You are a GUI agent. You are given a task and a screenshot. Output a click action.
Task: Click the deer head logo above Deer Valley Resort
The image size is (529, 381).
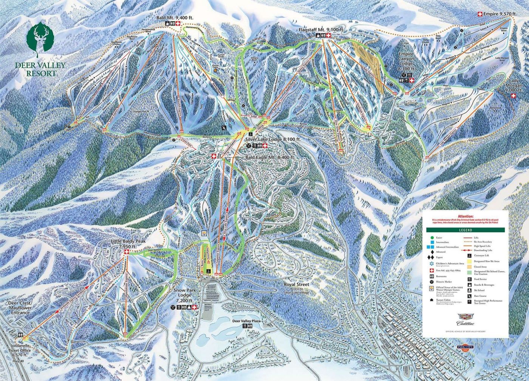click(x=40, y=39)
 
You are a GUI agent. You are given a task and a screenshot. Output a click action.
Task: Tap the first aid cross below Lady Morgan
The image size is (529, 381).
click(x=514, y=96)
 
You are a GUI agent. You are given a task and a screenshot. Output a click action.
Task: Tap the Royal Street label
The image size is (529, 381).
click(x=297, y=284)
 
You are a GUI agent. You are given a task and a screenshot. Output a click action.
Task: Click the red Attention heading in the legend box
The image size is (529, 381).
click(x=465, y=216)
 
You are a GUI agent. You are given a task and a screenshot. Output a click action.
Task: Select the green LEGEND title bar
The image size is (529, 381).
click(x=466, y=230)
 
